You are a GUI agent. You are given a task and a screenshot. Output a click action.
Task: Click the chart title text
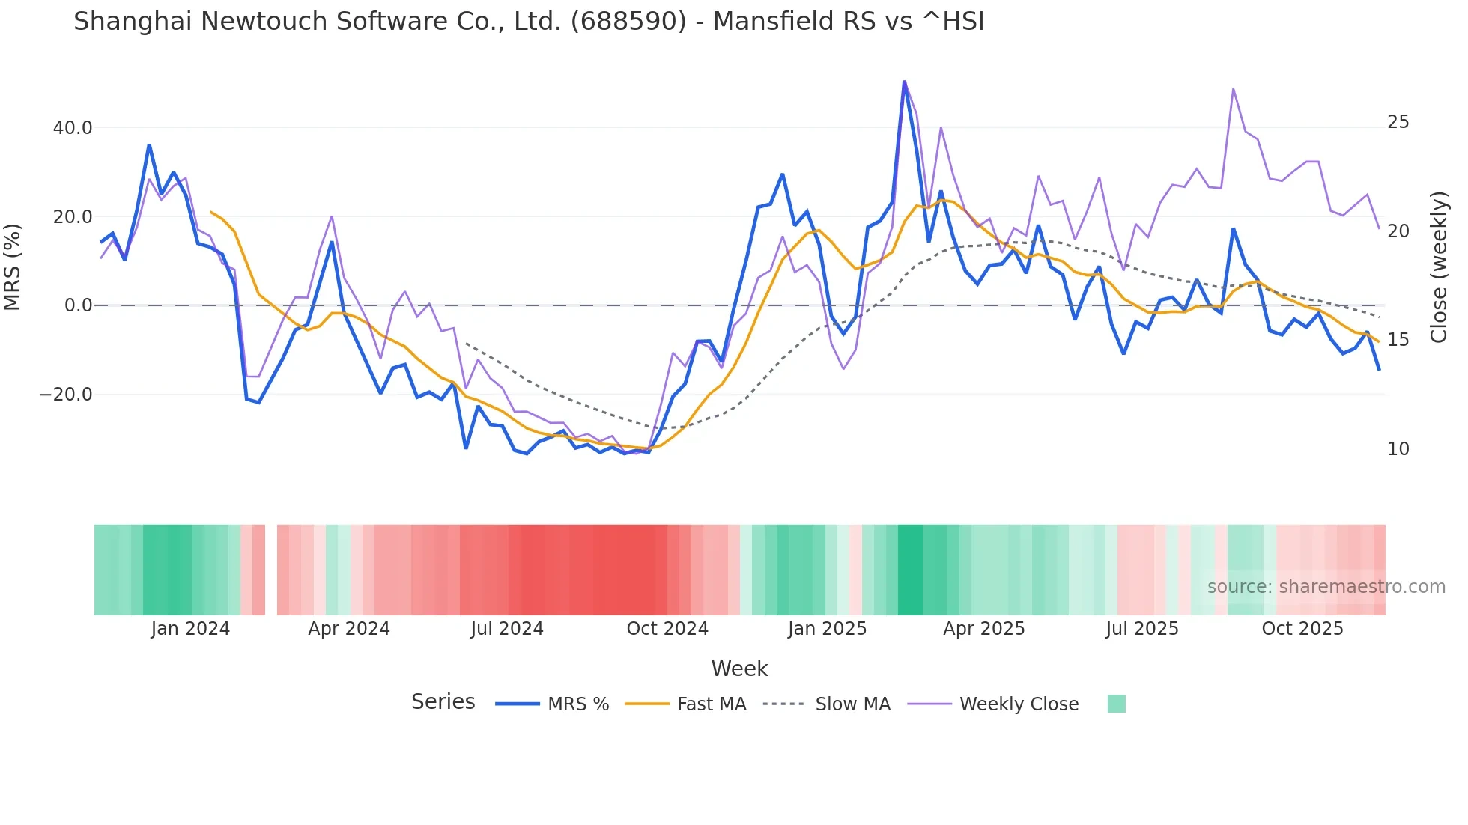(x=529, y=22)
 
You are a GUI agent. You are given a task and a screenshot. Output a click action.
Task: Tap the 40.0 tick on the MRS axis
(x=73, y=128)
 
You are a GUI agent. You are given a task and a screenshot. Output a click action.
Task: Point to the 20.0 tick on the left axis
(x=73, y=217)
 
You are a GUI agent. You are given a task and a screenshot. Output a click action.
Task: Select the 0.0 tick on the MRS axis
(x=78, y=305)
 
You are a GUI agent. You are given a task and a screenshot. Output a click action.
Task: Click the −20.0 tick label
(x=66, y=395)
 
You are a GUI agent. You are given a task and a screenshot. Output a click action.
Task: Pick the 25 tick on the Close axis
(x=1398, y=122)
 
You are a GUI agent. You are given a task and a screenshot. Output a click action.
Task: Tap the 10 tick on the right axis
(x=1398, y=449)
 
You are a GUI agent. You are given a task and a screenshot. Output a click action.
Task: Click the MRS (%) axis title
(x=13, y=267)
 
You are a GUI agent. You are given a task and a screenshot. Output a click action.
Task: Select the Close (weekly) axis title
(x=1438, y=267)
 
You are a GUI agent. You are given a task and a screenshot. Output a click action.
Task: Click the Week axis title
(x=739, y=669)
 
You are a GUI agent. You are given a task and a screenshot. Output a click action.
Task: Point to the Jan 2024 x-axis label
(x=190, y=629)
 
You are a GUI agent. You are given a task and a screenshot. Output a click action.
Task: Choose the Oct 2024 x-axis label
(x=667, y=629)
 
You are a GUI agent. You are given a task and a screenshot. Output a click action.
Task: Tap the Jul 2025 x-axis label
(x=1142, y=629)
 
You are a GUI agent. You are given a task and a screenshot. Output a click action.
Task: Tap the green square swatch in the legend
(x=1116, y=704)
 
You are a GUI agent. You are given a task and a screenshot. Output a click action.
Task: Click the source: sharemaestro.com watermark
(x=1326, y=587)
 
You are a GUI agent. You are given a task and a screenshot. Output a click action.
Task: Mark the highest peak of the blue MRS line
(x=904, y=82)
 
